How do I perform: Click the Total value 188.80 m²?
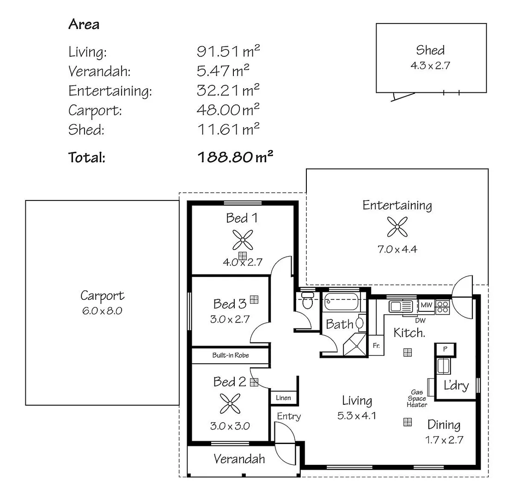[x=235, y=158]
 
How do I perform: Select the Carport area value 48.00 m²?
[x=228, y=110]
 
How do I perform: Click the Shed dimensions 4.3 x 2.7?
[x=430, y=65]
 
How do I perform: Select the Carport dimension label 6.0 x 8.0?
[x=102, y=310]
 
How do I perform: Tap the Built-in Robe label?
[x=231, y=355]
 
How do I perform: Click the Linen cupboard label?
[x=283, y=398]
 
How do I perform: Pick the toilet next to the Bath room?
[x=307, y=300]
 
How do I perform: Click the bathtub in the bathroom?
[x=341, y=302]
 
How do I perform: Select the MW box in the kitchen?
[x=426, y=305]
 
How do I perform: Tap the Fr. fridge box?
[x=376, y=345]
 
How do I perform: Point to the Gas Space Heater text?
[x=416, y=398]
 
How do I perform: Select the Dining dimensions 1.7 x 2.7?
[x=444, y=440]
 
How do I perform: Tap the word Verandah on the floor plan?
[x=239, y=459]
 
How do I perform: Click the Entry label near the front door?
[x=289, y=416]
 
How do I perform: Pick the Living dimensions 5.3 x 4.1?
[x=357, y=415]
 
